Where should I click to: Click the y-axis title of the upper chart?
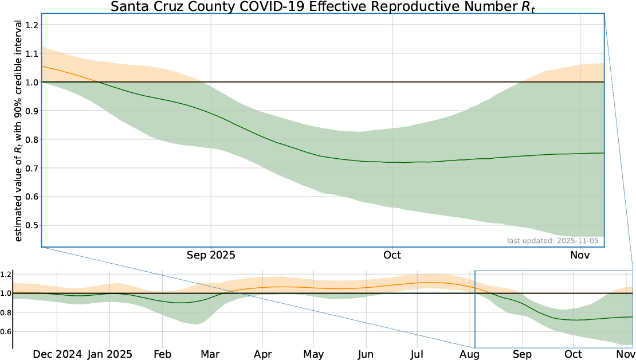pyautogui.click(x=18, y=131)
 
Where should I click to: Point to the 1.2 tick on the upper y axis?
pyautogui.click(x=32, y=25)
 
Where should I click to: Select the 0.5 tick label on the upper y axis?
pyautogui.click(x=32, y=225)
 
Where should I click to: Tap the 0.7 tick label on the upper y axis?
pyautogui.click(x=32, y=168)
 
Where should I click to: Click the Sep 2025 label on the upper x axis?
pyautogui.click(x=211, y=255)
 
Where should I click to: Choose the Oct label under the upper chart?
pyautogui.click(x=392, y=255)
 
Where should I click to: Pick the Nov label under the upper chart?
pyautogui.click(x=580, y=255)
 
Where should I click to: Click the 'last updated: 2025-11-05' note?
pyautogui.click(x=553, y=241)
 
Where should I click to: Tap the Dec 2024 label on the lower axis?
pyautogui.click(x=57, y=354)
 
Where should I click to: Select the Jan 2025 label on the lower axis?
pyautogui.click(x=110, y=354)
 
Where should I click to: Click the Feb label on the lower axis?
pyautogui.click(x=162, y=354)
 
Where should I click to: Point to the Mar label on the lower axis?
pyautogui.click(x=210, y=354)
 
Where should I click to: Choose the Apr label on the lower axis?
pyautogui.click(x=263, y=354)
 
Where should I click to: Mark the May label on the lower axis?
pyautogui.click(x=313, y=354)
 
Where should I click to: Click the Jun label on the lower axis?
pyautogui.click(x=366, y=354)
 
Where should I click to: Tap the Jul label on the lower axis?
pyautogui.click(x=417, y=354)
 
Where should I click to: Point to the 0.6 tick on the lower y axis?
pyautogui.click(x=6, y=331)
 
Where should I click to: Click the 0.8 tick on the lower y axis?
pyautogui.click(x=6, y=312)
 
